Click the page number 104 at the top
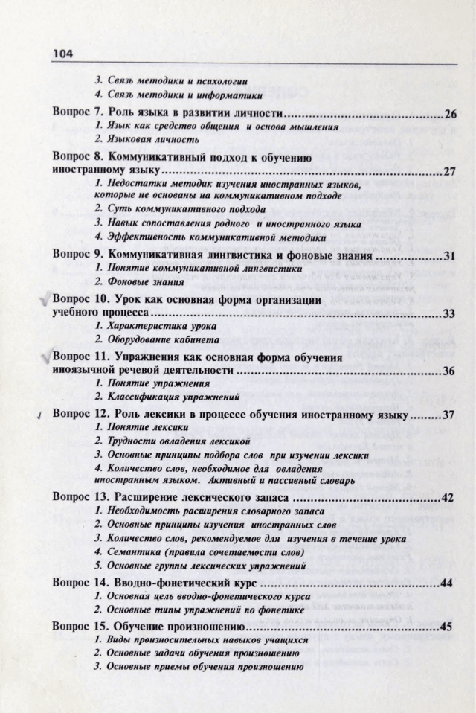pos(62,54)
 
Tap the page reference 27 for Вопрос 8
pos(448,171)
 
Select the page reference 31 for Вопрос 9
pos(448,255)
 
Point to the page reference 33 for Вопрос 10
pos(448,313)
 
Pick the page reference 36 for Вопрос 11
pos(448,371)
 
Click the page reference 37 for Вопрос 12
pos(448,415)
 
